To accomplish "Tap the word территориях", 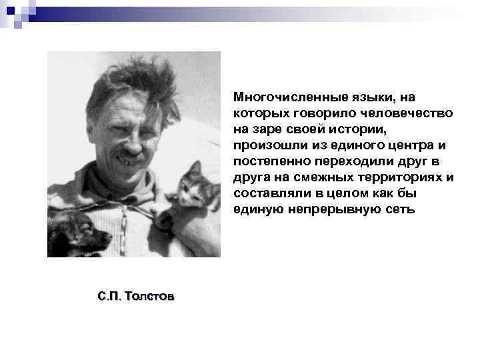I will pos(403,177).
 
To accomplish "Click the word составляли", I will pos(266,193).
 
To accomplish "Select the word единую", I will pos(259,209).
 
